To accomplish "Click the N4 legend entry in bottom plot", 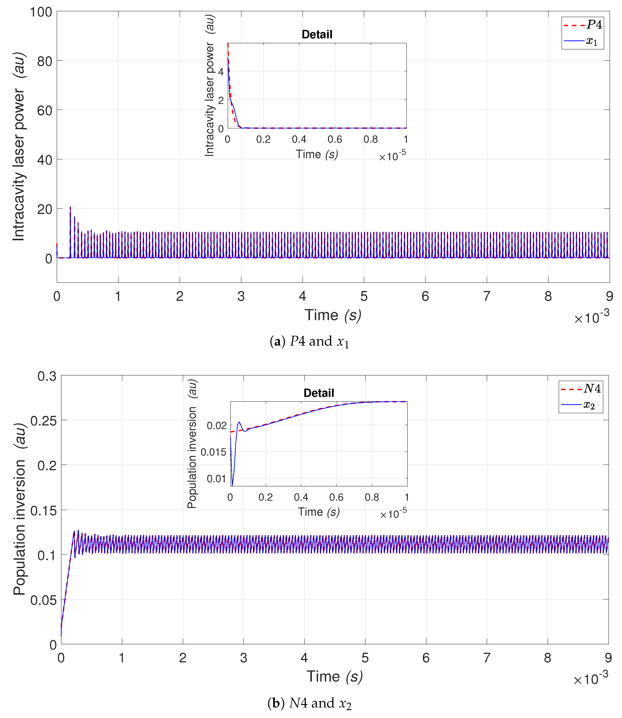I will tap(581, 389).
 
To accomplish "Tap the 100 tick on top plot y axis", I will tap(41, 12).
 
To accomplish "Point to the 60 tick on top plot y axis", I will tap(44, 111).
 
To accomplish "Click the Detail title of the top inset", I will tap(317, 34).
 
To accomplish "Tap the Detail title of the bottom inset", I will tap(319, 393).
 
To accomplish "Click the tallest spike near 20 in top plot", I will tap(70, 207).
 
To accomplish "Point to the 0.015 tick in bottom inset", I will tap(213, 452).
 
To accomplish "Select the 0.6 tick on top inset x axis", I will tap(335, 140).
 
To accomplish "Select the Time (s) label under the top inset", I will tap(317, 154).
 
